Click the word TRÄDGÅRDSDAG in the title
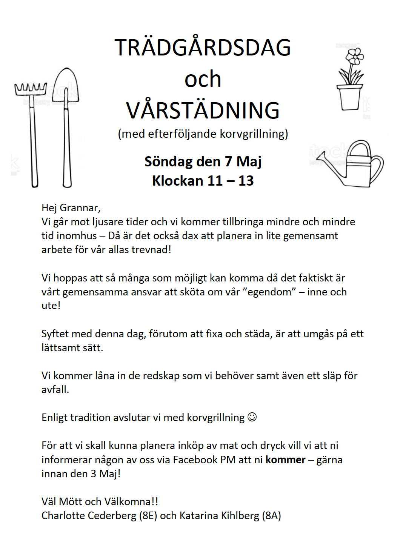tap(203, 48)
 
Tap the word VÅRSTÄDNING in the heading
tap(203, 111)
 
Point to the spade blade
tap(66, 85)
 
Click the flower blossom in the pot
tap(354, 57)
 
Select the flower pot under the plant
tap(349, 97)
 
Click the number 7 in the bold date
tap(228, 161)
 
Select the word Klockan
tap(178, 181)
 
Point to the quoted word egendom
tap(269, 292)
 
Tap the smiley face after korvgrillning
tap(252, 417)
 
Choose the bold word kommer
tap(285, 460)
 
